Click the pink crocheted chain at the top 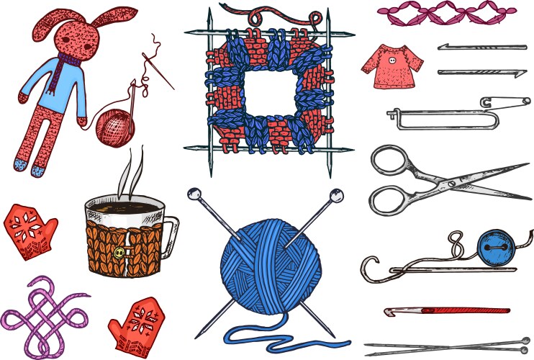(x=446, y=12)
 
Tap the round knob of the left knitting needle (x=193, y=192)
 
